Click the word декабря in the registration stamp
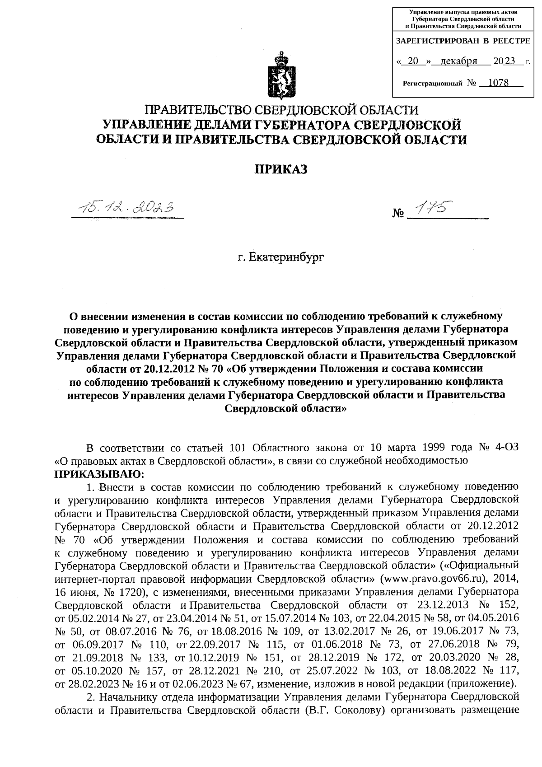click(459, 61)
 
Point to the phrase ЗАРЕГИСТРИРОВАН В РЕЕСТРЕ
click(463, 41)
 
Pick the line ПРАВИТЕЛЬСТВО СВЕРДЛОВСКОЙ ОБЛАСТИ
click(281, 110)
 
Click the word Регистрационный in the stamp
click(432, 84)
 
